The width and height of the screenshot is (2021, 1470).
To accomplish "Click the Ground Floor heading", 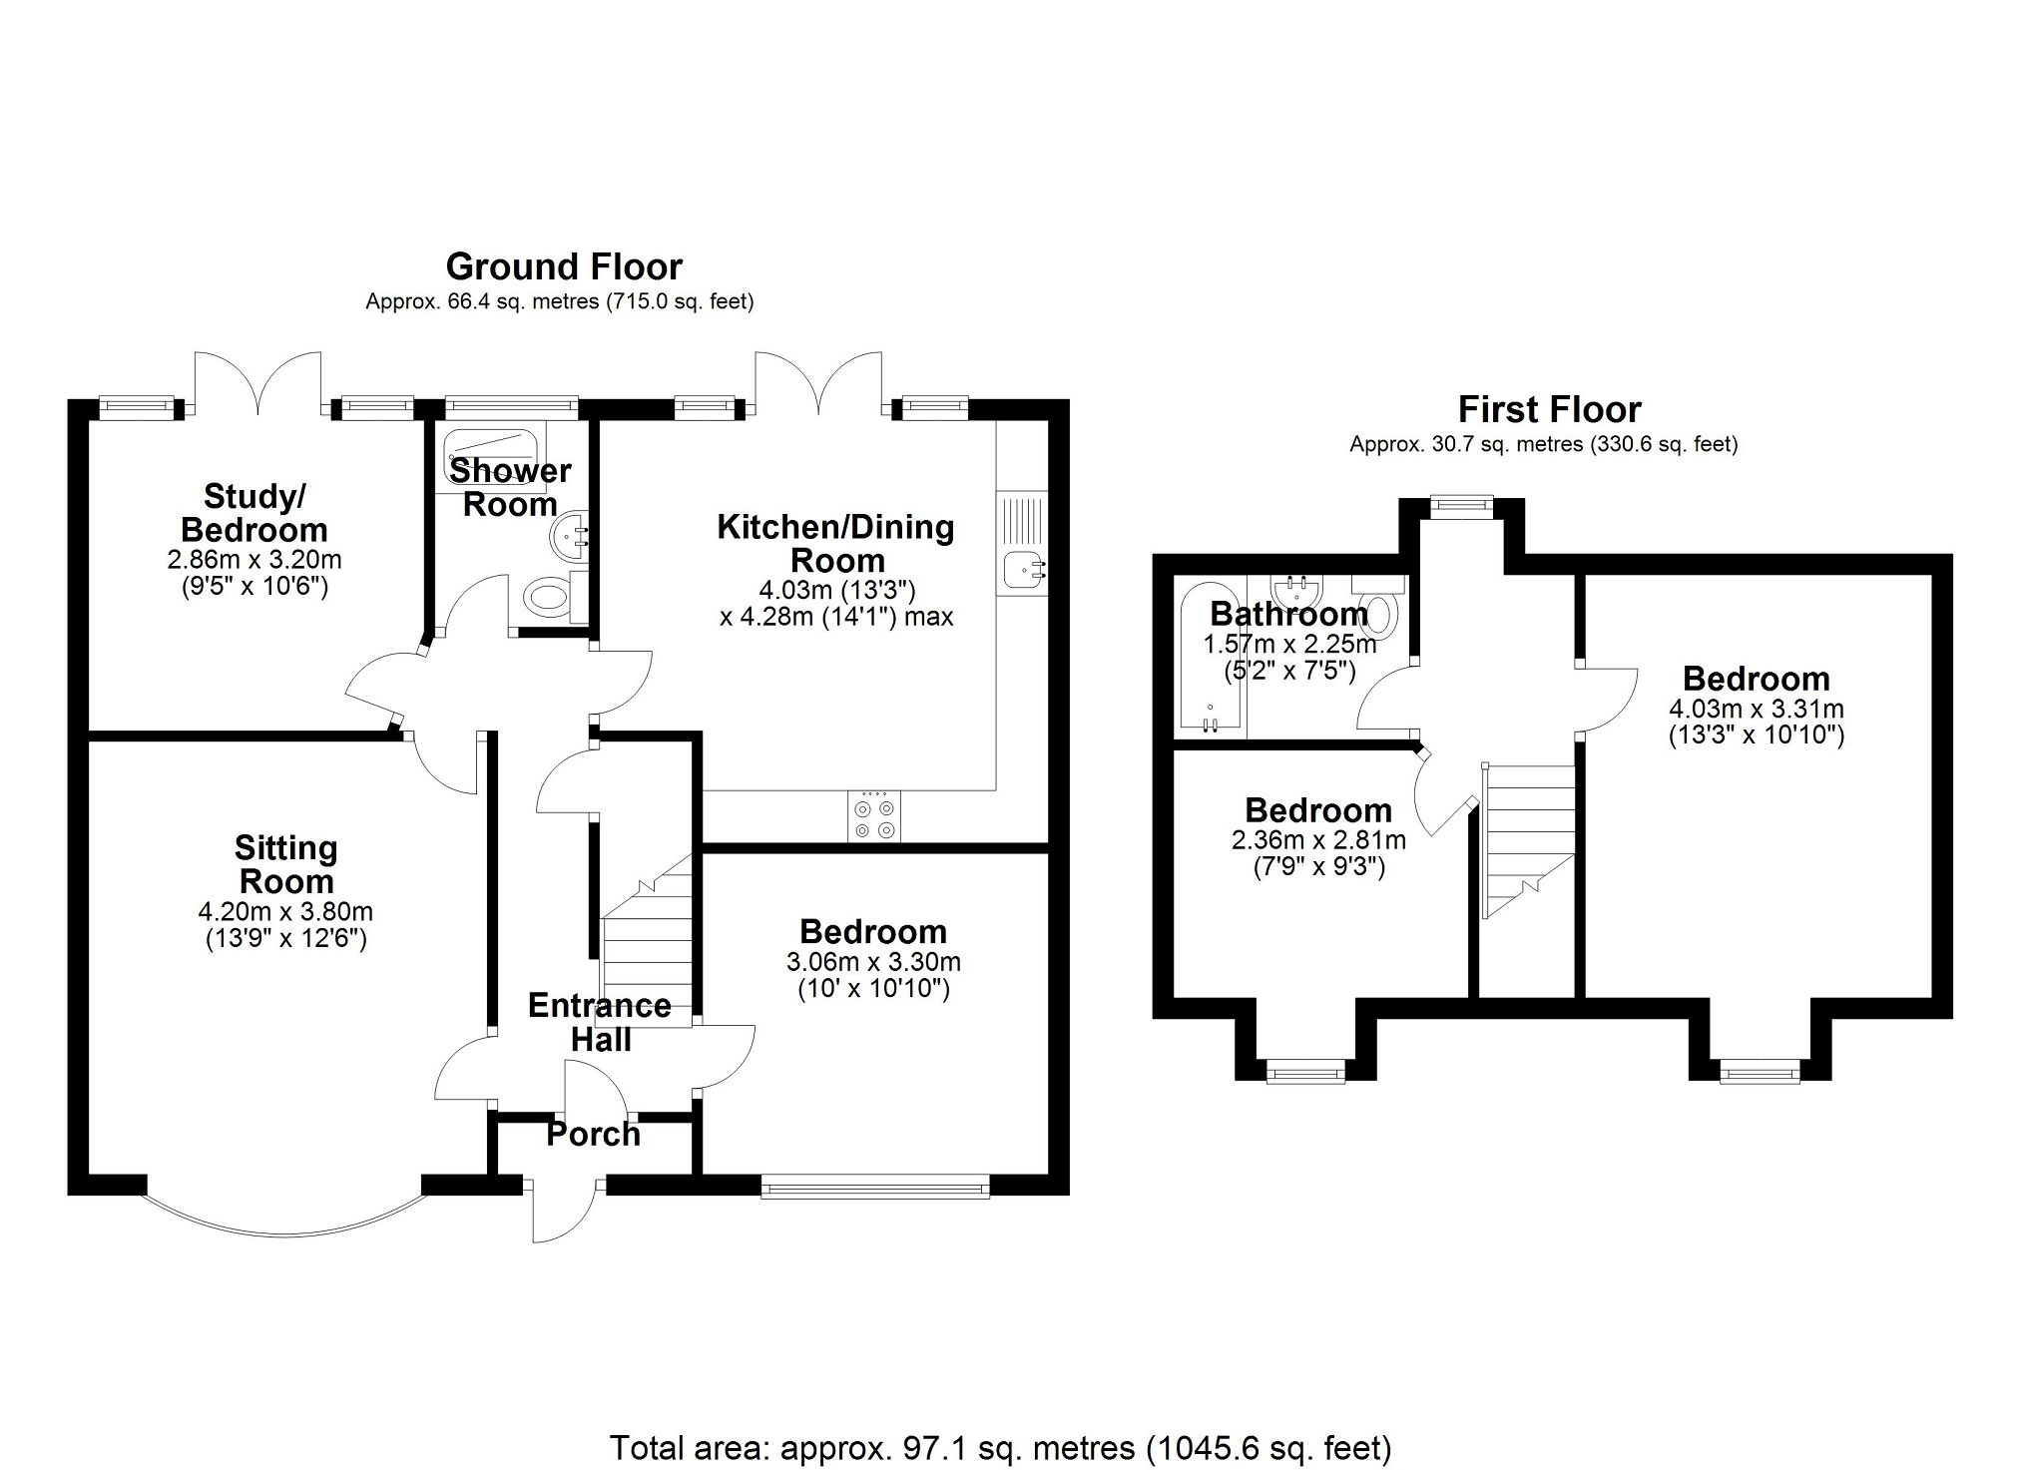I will pyautogui.click(x=564, y=266).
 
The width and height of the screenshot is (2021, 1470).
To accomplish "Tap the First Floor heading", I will pyautogui.click(x=1549, y=409).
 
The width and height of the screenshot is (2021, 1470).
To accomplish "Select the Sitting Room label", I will pyautogui.click(x=286, y=864).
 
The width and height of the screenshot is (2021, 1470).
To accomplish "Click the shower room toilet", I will pyautogui.click(x=548, y=598).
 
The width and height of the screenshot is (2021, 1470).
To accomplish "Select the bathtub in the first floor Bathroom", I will pyautogui.click(x=1209, y=659).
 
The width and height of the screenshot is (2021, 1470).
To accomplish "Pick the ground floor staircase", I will pyautogui.click(x=647, y=948).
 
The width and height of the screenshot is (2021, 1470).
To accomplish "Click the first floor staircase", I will pyautogui.click(x=1528, y=838).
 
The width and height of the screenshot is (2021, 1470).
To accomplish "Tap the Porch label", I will pyautogui.click(x=593, y=1135).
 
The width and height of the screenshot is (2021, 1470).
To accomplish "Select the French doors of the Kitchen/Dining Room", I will pyautogui.click(x=818, y=384).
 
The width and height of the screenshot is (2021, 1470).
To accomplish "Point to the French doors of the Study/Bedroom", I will pyautogui.click(x=257, y=384).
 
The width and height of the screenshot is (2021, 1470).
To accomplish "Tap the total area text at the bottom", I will pyautogui.click(x=1000, y=1446).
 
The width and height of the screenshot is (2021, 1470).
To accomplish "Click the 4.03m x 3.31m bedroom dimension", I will pyautogui.click(x=1756, y=710).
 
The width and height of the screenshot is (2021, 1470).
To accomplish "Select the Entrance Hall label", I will pyautogui.click(x=599, y=1022).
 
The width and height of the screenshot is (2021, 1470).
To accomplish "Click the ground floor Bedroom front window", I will pyautogui.click(x=875, y=1187).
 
